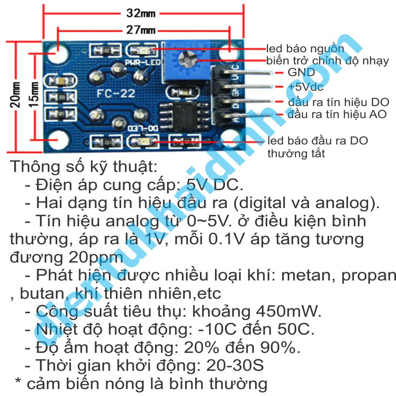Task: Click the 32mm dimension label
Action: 141,14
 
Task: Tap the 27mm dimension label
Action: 141,29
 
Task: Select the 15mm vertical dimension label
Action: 34,95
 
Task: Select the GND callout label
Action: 301,72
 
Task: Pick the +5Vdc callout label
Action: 305,87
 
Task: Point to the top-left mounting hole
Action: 58,53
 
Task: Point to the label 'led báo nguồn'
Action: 305,49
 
